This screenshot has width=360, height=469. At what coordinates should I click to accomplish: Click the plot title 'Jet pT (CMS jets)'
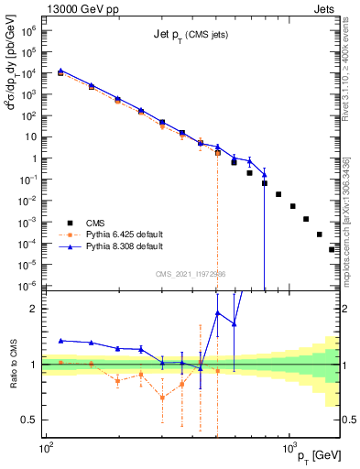pos(192,35)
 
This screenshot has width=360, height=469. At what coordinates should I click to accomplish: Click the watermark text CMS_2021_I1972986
pos(192,273)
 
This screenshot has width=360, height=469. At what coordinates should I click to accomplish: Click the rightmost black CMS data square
pos(333,249)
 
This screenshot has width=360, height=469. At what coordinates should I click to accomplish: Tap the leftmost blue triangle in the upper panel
pos(60,70)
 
